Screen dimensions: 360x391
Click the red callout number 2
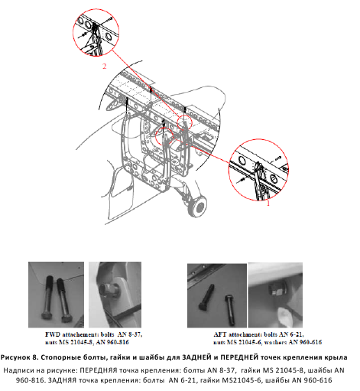pyautogui.click(x=104, y=66)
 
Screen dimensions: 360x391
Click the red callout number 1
pyautogui.click(x=268, y=204)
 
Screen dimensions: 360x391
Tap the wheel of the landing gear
pyautogui.click(x=198, y=206)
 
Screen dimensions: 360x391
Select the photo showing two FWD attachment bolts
pyautogui.click(x=56, y=295)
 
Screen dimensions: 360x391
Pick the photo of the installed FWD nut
pyautogui.click(x=115, y=295)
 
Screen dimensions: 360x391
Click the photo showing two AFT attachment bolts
pyautogui.click(x=217, y=295)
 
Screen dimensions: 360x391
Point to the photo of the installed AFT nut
pyautogui.click(x=275, y=295)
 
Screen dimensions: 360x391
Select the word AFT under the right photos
pyautogui.click(x=220, y=334)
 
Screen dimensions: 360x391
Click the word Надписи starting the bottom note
pyautogui.click(x=18, y=370)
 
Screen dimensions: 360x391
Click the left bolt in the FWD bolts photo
pyautogui.click(x=48, y=297)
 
